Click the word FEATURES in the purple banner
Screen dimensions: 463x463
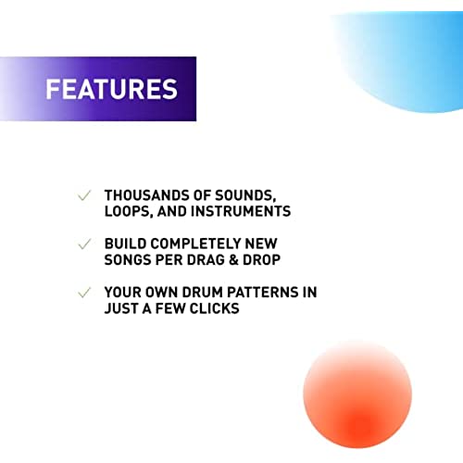point(112,89)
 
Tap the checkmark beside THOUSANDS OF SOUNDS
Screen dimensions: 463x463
point(84,195)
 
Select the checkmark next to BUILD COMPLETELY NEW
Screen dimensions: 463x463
point(84,244)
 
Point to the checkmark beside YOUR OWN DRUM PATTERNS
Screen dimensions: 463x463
point(84,293)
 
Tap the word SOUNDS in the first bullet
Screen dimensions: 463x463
point(245,196)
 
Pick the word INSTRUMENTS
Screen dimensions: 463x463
point(241,211)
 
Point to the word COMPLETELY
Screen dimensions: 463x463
point(196,244)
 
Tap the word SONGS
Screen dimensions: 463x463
point(128,260)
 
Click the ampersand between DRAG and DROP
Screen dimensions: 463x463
point(234,260)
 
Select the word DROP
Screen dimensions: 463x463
point(262,260)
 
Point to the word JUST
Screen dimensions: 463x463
point(121,308)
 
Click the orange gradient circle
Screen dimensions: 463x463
point(357,395)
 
